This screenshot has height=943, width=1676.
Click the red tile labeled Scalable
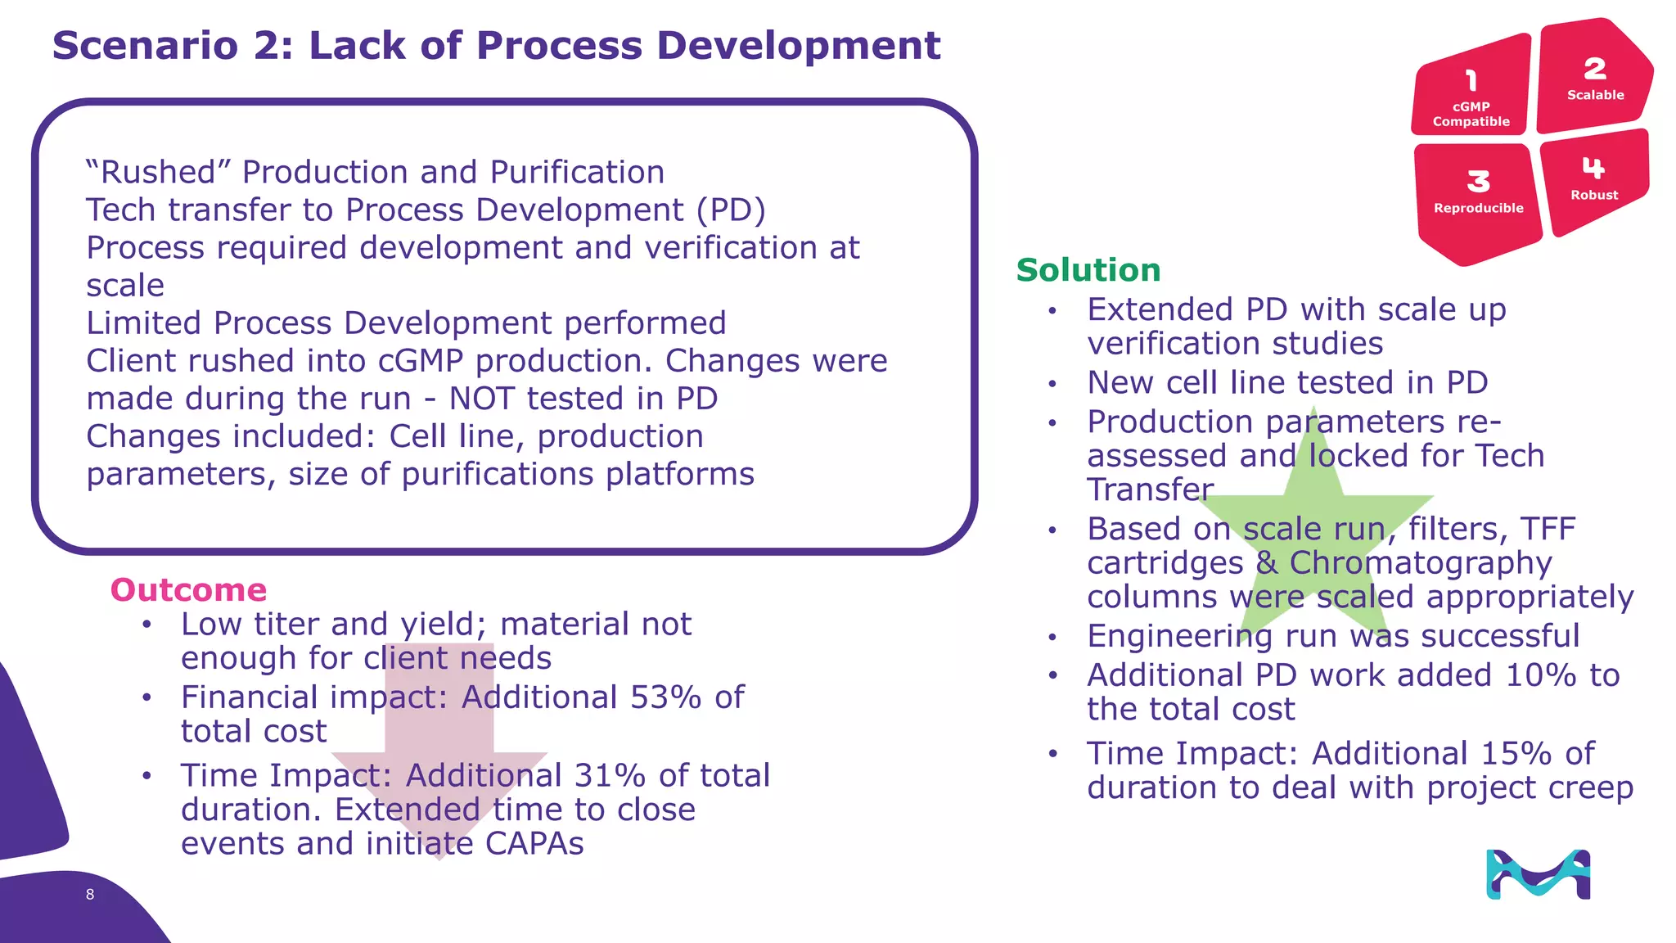coord(1594,78)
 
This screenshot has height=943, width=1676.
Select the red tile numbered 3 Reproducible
coord(1478,196)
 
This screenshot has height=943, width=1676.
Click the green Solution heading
coord(1088,270)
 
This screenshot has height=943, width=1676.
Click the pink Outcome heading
coord(188,590)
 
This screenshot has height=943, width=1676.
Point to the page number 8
coord(90,895)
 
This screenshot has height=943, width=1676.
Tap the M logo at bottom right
coord(1538,875)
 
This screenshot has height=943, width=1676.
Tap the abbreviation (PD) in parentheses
coord(731,210)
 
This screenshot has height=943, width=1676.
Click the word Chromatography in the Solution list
coord(1420,563)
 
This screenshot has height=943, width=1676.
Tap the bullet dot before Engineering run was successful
coord(1053,637)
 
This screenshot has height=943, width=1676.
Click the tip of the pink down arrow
coord(439,857)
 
